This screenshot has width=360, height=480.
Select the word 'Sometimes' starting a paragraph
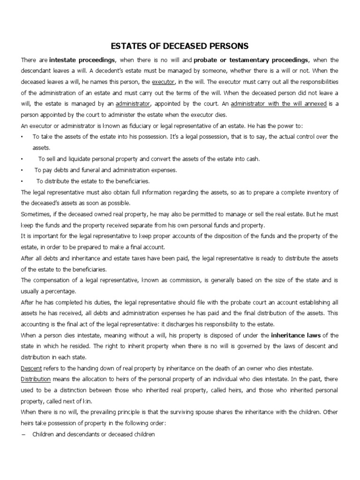[36, 214]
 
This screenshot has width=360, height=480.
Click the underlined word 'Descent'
[31, 368]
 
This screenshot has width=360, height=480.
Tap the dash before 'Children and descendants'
[23, 434]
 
